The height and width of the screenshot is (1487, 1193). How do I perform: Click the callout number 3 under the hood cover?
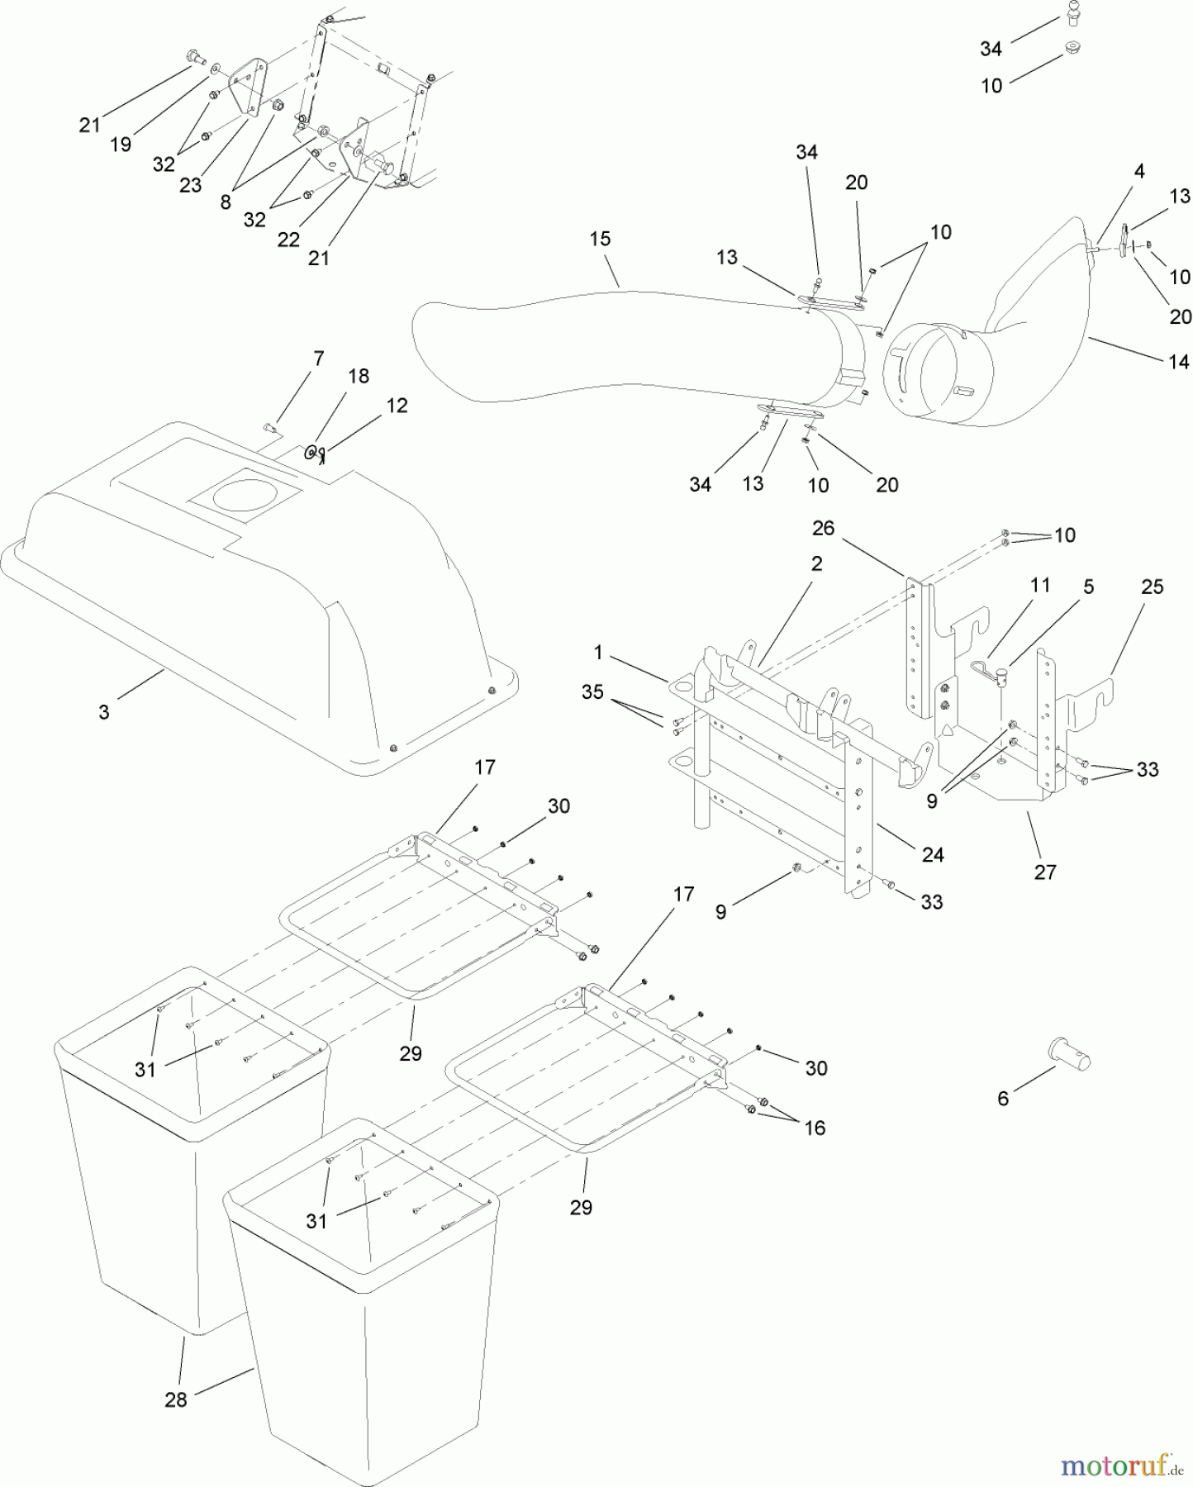(104, 712)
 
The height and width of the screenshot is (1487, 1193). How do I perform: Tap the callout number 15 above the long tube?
(600, 239)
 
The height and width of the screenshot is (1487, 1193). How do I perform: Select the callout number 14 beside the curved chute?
(1179, 361)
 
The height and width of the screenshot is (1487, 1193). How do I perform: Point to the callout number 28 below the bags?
(176, 1399)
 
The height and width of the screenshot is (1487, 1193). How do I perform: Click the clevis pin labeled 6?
(1070, 1052)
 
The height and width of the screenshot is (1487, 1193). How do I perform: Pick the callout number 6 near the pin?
(1003, 1098)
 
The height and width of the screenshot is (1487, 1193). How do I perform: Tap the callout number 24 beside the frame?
(933, 854)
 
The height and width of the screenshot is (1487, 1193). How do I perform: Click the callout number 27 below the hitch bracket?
(1045, 872)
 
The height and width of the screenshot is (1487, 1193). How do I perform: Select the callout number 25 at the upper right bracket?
(1152, 587)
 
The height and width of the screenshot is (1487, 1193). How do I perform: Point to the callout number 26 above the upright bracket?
(824, 528)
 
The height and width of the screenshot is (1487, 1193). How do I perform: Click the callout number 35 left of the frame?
(592, 691)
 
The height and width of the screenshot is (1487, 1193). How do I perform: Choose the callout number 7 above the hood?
(318, 359)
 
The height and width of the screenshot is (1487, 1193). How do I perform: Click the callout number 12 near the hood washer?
(397, 406)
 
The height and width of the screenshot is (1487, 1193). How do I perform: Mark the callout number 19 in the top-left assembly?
(121, 145)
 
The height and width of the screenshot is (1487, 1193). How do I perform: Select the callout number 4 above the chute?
(1139, 172)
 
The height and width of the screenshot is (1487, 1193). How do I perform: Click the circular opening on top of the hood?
(245, 495)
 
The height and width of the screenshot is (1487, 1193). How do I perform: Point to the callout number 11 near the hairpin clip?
(1040, 585)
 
